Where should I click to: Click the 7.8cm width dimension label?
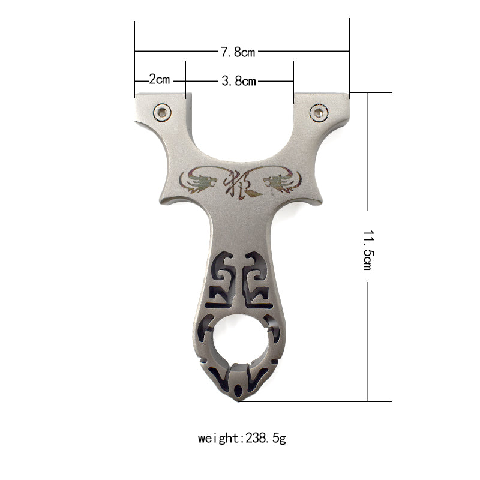(238, 52)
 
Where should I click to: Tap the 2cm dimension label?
(159, 79)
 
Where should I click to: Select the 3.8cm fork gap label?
(239, 81)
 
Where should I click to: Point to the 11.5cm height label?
(368, 250)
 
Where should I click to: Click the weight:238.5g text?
(242, 438)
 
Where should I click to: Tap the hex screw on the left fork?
(162, 112)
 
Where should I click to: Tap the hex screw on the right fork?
(319, 113)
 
